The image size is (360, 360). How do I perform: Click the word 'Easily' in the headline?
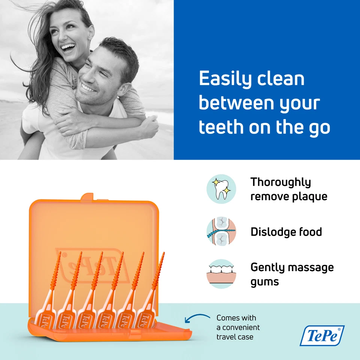[223, 79]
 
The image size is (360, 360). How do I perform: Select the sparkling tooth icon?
[221, 189]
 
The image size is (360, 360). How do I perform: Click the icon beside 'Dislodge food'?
[221, 232]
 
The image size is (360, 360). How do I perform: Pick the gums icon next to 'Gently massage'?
[221, 274]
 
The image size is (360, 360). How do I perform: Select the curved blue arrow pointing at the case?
[197, 319]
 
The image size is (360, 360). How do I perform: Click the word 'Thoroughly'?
[280, 182]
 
